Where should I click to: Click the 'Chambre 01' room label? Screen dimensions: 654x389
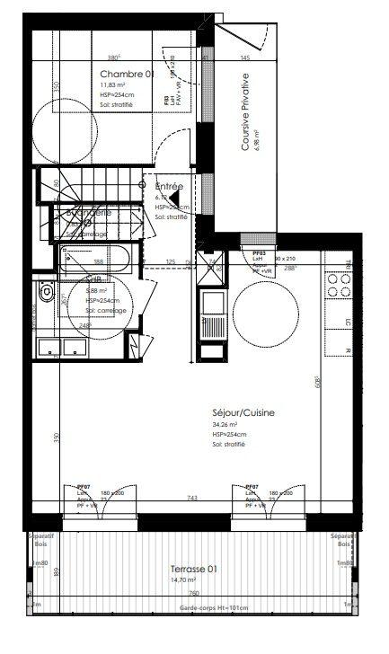pos(127,74)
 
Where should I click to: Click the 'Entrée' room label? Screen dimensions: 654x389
pos(168,187)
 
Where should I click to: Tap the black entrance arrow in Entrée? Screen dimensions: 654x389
pos(175,199)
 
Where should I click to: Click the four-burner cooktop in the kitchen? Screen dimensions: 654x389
pos(340,285)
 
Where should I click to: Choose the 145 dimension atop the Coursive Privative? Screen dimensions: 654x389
pos(244,58)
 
